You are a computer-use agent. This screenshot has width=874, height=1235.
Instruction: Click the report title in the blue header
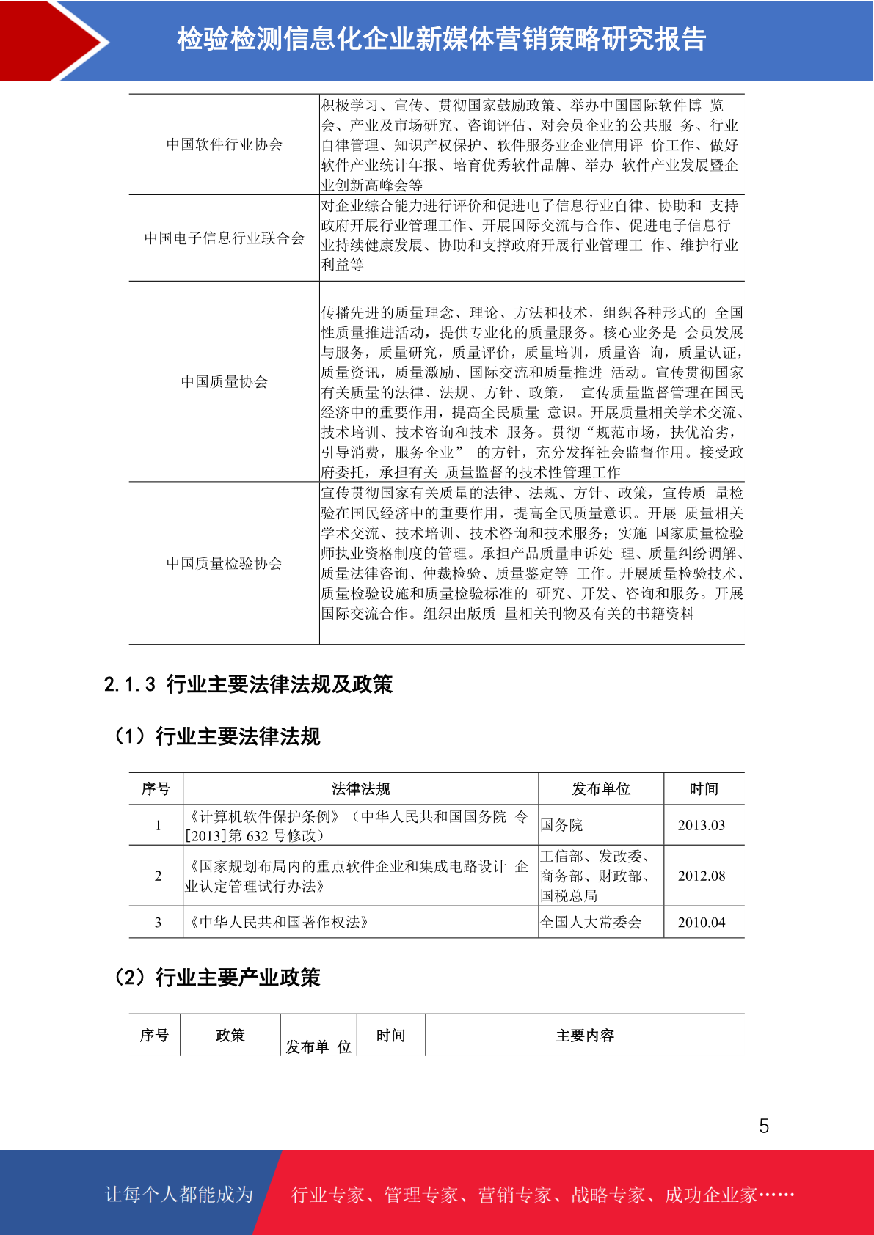point(441,39)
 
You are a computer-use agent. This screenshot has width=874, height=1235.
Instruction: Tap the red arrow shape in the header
point(48,40)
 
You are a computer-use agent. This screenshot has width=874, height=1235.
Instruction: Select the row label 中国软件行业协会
point(224,144)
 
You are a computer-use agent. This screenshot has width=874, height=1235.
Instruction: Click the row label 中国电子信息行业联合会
point(224,238)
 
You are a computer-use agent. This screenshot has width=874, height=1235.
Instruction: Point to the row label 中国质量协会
point(224,381)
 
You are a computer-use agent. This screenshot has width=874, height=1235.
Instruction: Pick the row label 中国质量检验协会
point(224,563)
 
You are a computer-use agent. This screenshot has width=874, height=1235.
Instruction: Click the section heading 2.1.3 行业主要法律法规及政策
point(248,684)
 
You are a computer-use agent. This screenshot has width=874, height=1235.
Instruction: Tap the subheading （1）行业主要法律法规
point(216,736)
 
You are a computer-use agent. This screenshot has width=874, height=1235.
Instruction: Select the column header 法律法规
point(360,788)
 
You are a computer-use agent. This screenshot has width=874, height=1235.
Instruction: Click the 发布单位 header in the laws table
point(601,788)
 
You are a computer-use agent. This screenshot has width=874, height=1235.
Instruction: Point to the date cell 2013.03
point(701,825)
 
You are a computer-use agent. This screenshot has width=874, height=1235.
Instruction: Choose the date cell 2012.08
point(701,876)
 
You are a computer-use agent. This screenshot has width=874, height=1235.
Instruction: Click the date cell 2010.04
point(701,923)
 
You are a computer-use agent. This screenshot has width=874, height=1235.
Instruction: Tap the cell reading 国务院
point(561,825)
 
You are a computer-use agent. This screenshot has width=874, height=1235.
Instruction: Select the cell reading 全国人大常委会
point(591,923)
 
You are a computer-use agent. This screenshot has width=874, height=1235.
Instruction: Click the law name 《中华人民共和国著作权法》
point(278,923)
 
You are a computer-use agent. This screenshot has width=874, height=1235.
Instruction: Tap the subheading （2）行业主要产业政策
point(216,978)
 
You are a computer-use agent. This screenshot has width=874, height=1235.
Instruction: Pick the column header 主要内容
point(585,1036)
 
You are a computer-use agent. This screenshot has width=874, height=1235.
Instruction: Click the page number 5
point(764,1126)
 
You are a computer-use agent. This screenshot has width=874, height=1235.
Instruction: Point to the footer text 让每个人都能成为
point(179,1195)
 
